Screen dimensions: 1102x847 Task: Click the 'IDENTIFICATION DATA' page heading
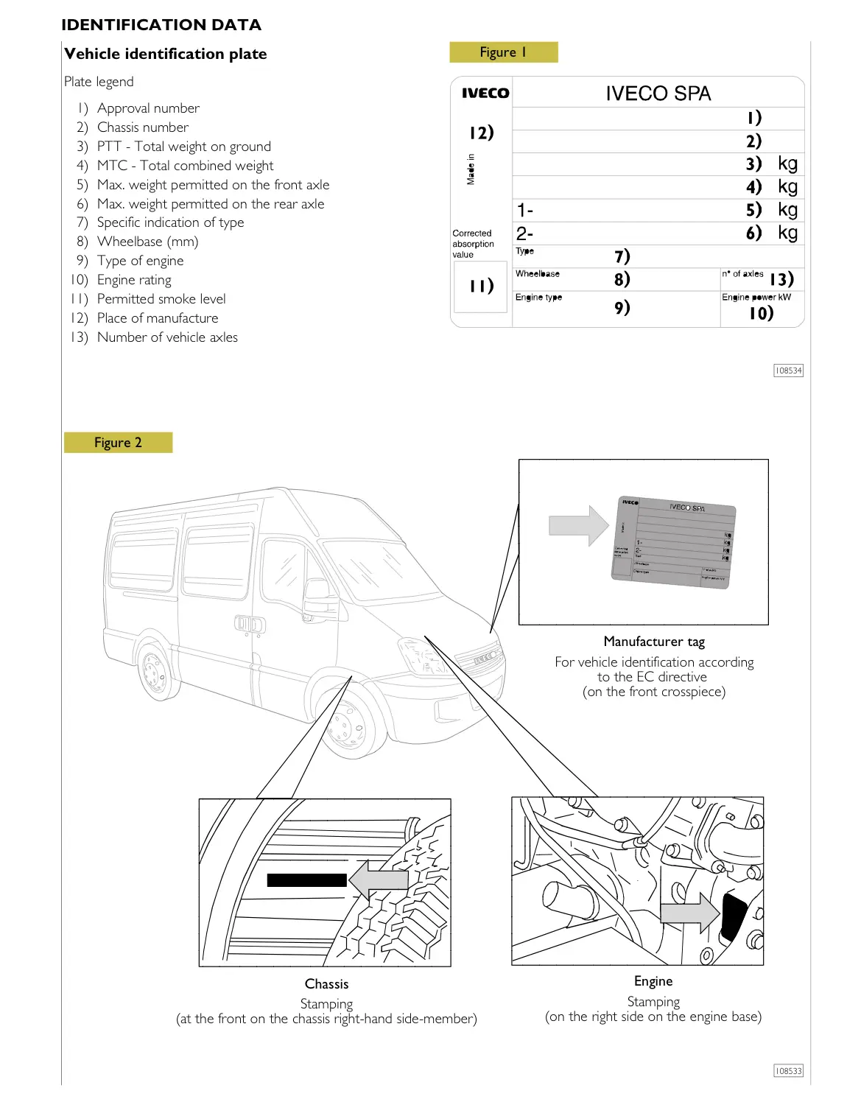(x=161, y=25)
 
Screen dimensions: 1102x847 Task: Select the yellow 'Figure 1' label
(x=503, y=52)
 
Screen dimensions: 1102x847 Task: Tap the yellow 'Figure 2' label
(x=118, y=443)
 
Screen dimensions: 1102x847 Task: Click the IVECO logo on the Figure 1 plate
(x=485, y=94)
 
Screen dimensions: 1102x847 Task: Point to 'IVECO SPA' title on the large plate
(x=658, y=94)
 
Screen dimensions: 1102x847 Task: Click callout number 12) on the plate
(x=481, y=133)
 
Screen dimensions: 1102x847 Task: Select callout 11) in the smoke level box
(x=481, y=286)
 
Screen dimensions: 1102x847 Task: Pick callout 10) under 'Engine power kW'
(x=761, y=314)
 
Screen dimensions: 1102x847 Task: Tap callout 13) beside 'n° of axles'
(x=781, y=279)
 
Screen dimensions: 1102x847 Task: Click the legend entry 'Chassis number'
(x=143, y=127)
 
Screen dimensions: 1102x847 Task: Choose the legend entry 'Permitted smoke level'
(x=161, y=299)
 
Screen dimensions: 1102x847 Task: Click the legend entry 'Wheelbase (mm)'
(x=147, y=242)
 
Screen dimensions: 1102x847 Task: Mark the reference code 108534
(x=787, y=371)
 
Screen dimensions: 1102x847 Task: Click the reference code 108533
(x=787, y=1071)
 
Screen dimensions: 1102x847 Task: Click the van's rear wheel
(x=155, y=672)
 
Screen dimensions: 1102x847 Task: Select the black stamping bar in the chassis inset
(x=306, y=880)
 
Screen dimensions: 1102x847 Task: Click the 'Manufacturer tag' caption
(x=653, y=642)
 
